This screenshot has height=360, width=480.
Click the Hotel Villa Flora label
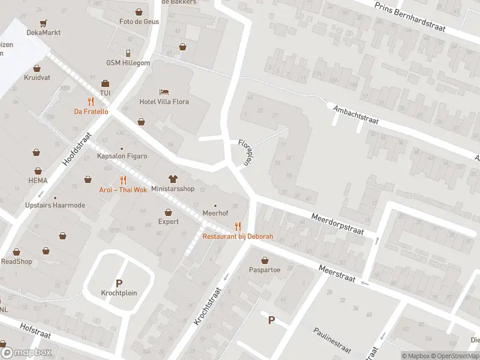[x=164, y=101]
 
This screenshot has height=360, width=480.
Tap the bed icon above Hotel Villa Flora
[x=164, y=92]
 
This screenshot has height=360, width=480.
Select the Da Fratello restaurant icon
[x=91, y=101]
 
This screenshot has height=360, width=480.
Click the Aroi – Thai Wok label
[x=123, y=190]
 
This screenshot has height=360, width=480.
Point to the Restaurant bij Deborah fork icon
[x=238, y=226]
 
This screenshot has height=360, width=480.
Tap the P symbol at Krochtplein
[x=119, y=283]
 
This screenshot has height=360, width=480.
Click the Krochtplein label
[x=119, y=293]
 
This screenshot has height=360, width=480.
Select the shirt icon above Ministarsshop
[x=173, y=179]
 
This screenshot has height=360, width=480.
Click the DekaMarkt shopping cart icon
[x=43, y=23]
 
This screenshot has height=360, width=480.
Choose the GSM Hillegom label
[x=128, y=63]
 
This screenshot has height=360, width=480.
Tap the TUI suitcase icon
[x=105, y=83]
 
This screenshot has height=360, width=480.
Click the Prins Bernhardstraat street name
[x=415, y=16]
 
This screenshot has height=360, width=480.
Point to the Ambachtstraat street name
[x=356, y=116]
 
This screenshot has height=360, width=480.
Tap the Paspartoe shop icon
[x=265, y=260]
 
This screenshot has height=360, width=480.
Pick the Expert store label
[x=168, y=221]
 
